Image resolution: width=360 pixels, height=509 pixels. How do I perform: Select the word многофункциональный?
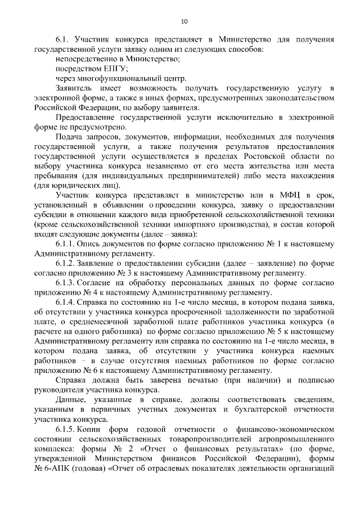(x=114, y=79)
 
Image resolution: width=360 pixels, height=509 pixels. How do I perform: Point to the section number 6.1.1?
(x=67, y=244)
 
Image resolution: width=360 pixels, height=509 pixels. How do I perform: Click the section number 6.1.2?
(x=67, y=264)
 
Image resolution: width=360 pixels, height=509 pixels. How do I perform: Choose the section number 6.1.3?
(x=67, y=283)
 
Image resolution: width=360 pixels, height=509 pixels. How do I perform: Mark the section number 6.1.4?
(x=67, y=303)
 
